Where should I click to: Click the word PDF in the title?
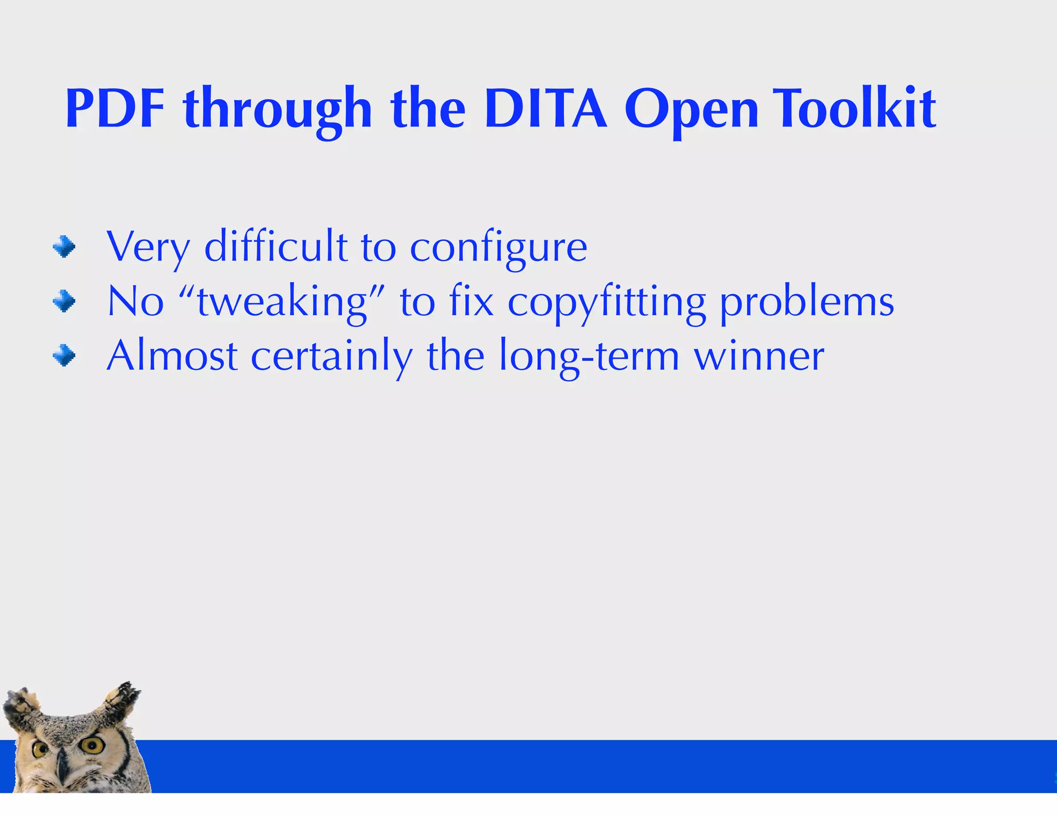click(115, 109)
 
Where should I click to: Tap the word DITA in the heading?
click(546, 109)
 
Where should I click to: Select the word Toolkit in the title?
click(857, 109)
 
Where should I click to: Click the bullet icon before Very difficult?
click(64, 247)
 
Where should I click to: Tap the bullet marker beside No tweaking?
click(64, 301)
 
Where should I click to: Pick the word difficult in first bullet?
click(276, 246)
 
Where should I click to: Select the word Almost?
click(172, 356)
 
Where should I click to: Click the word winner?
click(759, 357)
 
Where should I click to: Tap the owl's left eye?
click(40, 749)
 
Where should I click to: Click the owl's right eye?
click(93, 745)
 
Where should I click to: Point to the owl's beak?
click(62, 769)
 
